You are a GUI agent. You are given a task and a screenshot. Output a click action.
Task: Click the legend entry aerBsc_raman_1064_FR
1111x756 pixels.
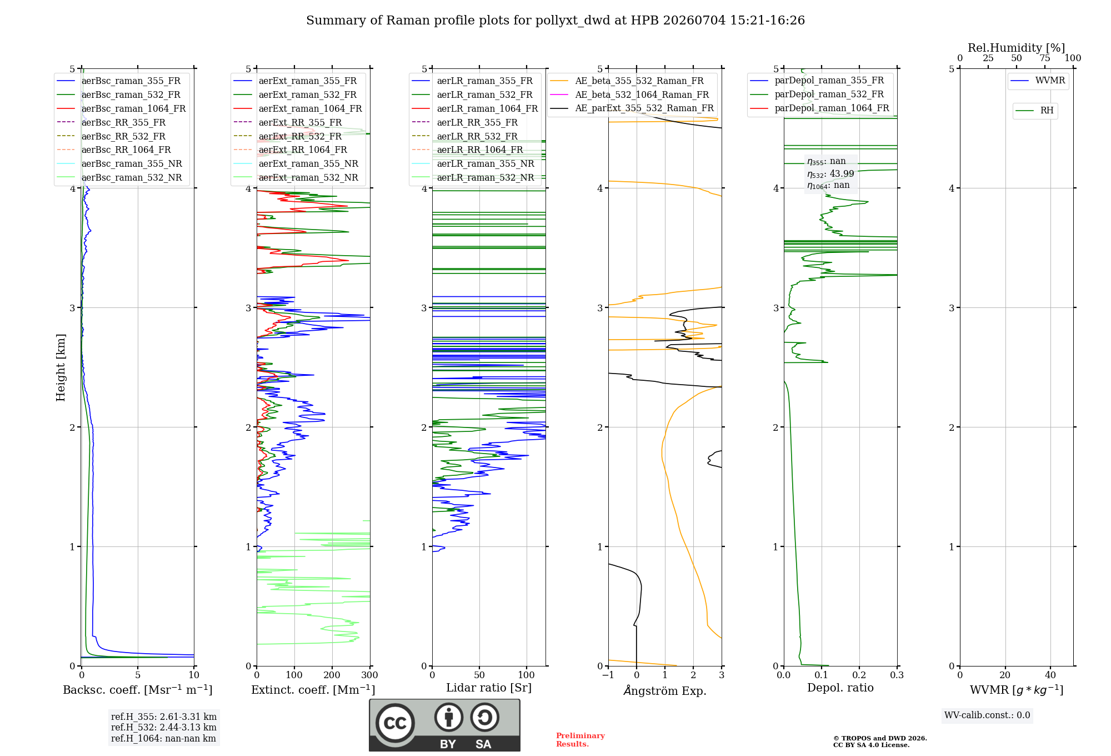(121, 108)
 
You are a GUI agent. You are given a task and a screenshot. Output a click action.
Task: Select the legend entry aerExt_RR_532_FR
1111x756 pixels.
(288, 136)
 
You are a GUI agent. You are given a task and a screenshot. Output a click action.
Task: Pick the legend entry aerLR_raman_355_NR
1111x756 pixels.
(473, 163)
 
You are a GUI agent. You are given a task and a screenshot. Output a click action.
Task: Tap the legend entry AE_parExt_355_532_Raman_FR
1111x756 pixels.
(632, 108)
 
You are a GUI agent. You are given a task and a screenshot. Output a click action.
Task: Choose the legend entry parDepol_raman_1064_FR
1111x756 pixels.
(819, 108)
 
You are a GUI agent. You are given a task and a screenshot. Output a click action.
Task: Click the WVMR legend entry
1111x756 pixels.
(1038, 81)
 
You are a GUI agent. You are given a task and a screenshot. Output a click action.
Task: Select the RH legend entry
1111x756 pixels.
(1035, 111)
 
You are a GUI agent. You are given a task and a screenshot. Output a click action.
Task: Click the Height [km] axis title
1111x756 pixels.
(61, 367)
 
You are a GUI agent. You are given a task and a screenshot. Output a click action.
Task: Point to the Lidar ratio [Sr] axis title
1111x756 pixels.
(489, 688)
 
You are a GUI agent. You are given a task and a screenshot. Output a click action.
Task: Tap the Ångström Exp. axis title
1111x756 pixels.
(665, 690)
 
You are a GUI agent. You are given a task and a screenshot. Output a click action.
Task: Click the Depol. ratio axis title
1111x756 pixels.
(840, 688)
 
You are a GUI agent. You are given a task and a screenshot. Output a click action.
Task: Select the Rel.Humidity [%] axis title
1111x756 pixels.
(1017, 48)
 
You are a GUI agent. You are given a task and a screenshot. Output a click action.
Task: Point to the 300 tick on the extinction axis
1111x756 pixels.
(370, 675)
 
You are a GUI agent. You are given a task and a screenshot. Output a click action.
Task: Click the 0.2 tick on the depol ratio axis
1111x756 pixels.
(859, 675)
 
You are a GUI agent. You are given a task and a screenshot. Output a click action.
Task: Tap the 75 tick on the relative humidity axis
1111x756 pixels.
(1045, 58)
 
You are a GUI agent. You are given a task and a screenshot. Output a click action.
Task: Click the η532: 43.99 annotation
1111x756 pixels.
(830, 174)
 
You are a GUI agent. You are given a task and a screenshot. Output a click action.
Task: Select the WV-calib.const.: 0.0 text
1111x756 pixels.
(987, 715)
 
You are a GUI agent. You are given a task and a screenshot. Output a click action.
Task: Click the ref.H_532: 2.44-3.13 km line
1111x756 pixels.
(164, 727)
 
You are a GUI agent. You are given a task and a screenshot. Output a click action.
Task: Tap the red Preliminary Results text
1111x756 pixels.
(580, 740)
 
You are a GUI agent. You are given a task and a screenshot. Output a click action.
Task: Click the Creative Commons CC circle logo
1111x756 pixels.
(395, 723)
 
